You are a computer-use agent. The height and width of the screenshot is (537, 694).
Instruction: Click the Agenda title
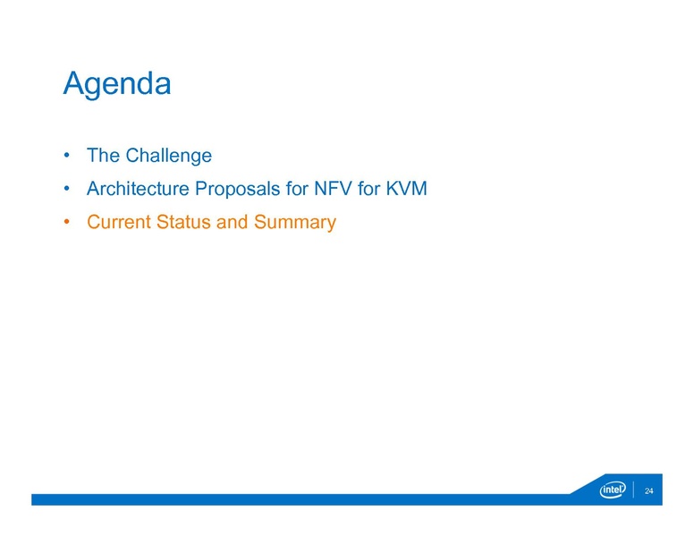[116, 84]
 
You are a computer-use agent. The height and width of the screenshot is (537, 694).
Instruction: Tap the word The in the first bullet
[103, 156]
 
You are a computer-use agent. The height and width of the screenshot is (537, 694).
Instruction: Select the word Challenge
[168, 156]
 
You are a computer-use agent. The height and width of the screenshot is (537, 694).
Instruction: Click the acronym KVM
[407, 190]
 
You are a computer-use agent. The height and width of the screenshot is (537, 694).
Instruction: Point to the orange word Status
[184, 223]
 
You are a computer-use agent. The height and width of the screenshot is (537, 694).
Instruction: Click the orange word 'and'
[232, 223]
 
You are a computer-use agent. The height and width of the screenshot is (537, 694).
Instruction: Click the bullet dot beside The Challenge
[67, 157]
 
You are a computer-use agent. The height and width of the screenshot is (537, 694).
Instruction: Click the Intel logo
[613, 490]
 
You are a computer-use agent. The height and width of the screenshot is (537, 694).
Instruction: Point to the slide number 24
[649, 490]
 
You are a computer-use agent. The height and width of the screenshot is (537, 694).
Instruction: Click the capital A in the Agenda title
[74, 84]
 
